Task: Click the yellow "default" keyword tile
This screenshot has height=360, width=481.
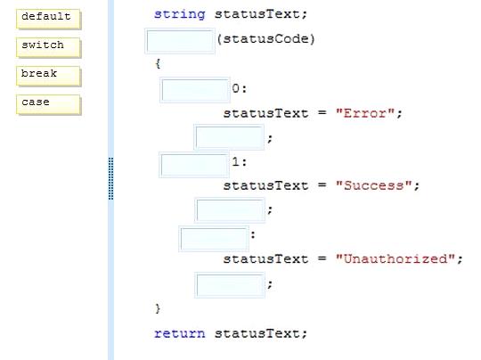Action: [48, 19]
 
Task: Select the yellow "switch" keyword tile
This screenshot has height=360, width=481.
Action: [48, 47]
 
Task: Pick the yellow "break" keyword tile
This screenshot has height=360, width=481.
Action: [48, 76]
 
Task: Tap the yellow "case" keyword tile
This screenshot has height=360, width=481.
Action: [48, 104]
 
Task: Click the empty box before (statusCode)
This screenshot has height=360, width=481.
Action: [180, 41]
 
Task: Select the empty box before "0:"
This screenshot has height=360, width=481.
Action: [195, 90]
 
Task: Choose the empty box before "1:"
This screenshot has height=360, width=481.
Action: [194, 165]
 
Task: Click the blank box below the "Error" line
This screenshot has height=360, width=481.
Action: [229, 137]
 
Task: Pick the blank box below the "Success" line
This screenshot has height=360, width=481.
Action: [230, 210]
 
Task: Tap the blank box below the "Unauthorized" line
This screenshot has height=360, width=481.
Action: [230, 285]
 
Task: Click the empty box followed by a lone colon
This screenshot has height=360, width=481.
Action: [214, 239]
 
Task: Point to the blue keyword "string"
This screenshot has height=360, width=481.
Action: [179, 14]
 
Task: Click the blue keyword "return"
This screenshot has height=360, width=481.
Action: [179, 333]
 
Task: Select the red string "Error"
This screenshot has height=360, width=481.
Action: [364, 113]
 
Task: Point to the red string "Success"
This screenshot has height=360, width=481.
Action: [373, 185]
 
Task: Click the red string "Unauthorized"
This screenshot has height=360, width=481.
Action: [395, 258]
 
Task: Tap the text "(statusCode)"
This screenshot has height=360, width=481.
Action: [266, 39]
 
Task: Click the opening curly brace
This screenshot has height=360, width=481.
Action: [158, 63]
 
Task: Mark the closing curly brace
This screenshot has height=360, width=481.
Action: [158, 308]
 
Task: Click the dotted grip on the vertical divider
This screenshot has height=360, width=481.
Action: [111, 178]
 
